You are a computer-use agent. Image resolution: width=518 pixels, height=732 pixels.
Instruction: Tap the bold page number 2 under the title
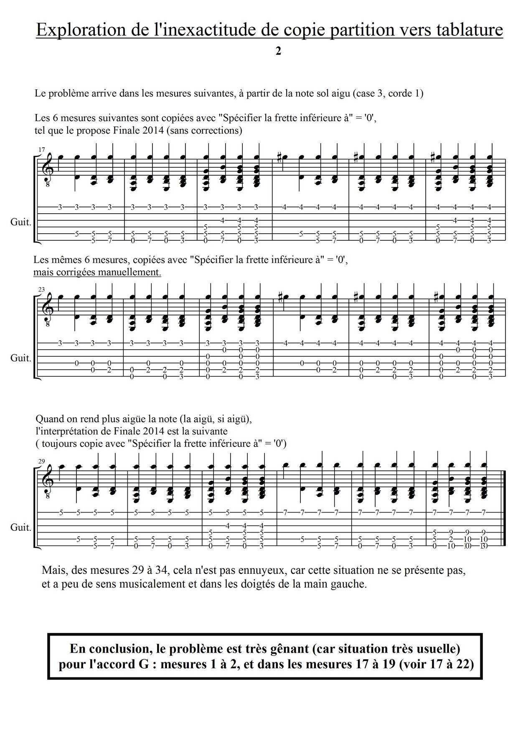(278, 51)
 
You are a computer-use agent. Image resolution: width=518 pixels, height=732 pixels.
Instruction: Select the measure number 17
(41, 149)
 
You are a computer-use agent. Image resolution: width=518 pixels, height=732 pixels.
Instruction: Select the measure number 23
(41, 289)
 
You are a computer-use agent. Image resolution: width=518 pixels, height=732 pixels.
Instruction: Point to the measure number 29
(41, 461)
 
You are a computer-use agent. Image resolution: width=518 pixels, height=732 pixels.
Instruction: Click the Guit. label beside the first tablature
(21, 222)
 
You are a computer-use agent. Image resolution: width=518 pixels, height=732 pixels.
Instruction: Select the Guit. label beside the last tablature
(21, 528)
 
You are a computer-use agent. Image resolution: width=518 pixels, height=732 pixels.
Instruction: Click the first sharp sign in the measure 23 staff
(279, 298)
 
